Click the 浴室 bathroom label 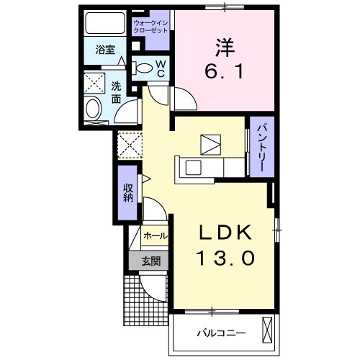click(x=105, y=50)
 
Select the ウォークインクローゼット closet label click(x=150, y=28)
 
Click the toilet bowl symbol click(x=144, y=68)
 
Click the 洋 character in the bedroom click(x=223, y=48)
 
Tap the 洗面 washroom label click(x=116, y=91)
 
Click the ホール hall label click(x=155, y=235)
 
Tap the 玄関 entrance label click(x=150, y=261)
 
